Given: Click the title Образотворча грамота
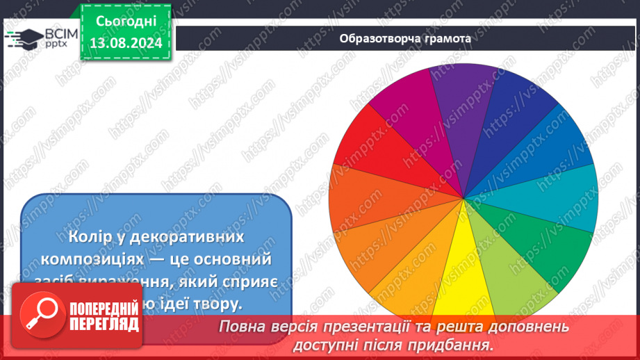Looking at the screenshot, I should pos(405,38).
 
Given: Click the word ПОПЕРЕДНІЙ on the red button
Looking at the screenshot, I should pos(104,307).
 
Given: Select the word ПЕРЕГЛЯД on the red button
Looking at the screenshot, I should pos(104,324).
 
